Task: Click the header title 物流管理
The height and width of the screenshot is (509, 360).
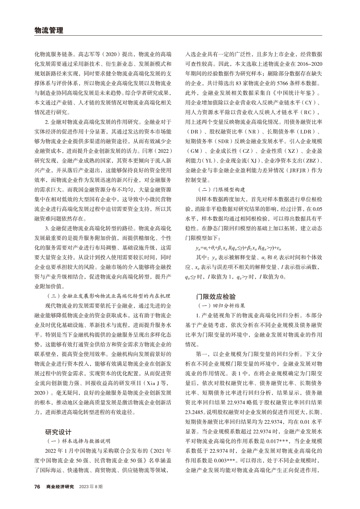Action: pyautogui.click(x=48, y=30)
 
